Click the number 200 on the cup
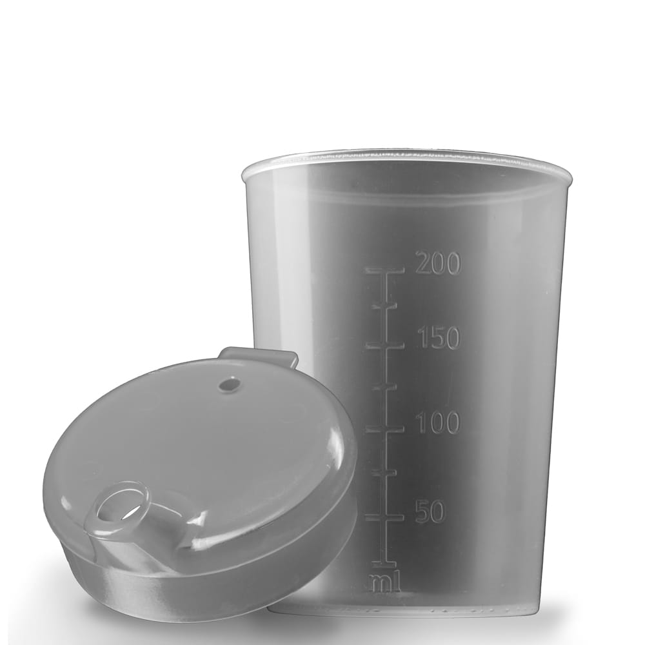[438, 263]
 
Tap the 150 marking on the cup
[438, 337]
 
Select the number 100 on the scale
[438, 423]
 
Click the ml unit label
[384, 582]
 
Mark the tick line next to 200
[385, 271]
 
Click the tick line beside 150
[385, 346]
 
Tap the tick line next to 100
[385, 429]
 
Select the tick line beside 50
[384, 517]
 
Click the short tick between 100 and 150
[385, 387]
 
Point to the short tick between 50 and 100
[384, 473]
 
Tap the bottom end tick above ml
[384, 564]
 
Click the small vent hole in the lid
[228, 385]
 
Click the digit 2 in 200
[424, 263]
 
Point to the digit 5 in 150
[437, 337]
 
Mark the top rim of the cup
[406, 157]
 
